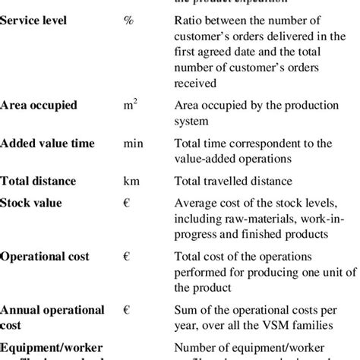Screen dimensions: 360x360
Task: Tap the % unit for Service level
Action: click(x=128, y=19)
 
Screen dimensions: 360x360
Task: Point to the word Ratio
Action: click(x=189, y=19)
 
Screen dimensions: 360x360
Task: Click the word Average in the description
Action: click(x=197, y=203)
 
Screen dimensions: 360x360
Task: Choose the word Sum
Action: click(x=185, y=311)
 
